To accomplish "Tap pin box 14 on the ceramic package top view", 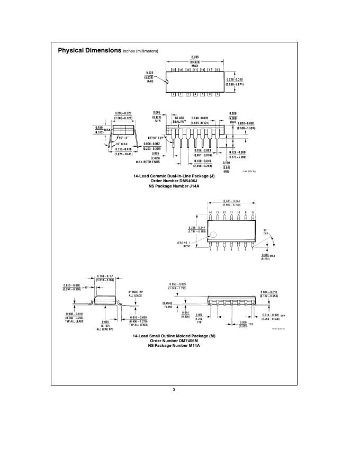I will point(173,70).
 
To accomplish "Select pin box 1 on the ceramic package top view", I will point(173,94).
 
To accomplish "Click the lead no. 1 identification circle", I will point(214,234).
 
